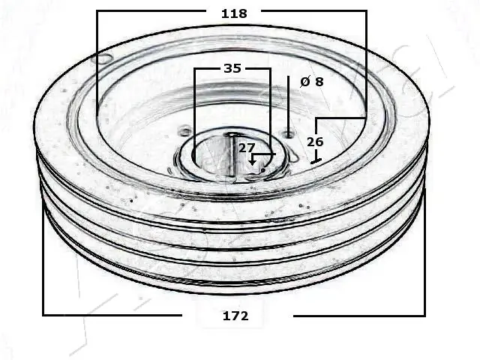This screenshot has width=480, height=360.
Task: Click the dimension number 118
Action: click(234, 13)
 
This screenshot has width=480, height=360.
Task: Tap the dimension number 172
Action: click(235, 316)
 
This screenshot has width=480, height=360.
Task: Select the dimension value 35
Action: click(232, 68)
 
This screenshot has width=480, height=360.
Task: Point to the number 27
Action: click(247, 148)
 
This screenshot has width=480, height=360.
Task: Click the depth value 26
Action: click(315, 141)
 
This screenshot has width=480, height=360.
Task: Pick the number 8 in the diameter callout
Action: click(319, 82)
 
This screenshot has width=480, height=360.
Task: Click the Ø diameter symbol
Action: click(304, 82)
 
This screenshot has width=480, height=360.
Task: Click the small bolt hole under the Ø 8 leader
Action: click(289, 135)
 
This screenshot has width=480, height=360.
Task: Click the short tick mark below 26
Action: click(316, 160)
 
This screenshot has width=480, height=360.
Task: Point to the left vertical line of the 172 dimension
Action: click(43, 255)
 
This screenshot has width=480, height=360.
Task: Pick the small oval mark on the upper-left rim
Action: click(101, 58)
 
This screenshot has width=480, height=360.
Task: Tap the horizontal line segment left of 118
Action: click(150, 11)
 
